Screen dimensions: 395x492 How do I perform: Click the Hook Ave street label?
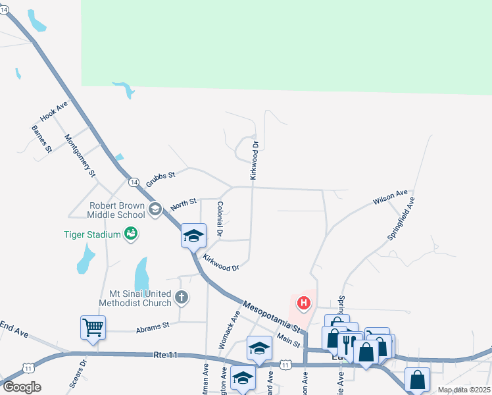(54, 111)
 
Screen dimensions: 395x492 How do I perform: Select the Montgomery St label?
(80, 155)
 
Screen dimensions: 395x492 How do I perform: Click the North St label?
(184, 204)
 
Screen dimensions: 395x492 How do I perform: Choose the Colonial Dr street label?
(220, 219)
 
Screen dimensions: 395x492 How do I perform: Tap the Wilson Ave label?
(390, 196)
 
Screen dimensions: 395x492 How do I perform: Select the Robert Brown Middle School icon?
(155, 209)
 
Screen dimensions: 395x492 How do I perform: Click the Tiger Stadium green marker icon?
(131, 234)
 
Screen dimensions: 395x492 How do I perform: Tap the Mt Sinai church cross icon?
(182, 298)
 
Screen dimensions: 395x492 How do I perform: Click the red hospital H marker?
(304, 303)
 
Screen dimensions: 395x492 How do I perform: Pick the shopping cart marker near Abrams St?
(93, 326)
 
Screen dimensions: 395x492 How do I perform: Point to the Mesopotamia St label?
(272, 315)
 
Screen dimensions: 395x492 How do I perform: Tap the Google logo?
(22, 387)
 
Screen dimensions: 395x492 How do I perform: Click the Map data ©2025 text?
(464, 390)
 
